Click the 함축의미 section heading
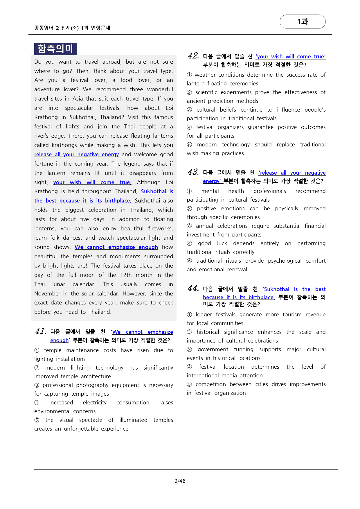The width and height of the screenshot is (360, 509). pos(55,49)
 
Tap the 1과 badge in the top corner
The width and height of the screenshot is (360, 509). pos(303,22)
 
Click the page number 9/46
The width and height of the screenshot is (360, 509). pos(180,481)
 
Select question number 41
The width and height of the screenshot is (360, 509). pos(41,331)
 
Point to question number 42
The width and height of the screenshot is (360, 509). pos(193,56)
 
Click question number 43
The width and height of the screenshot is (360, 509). pos(193,172)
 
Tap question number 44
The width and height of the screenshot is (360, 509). pos(193,289)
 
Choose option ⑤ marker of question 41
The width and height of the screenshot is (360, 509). pos(37,420)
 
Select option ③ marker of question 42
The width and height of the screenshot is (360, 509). pos(190,110)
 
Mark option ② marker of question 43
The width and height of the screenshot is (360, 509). pos(190,209)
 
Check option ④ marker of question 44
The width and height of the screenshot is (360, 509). pos(190,367)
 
